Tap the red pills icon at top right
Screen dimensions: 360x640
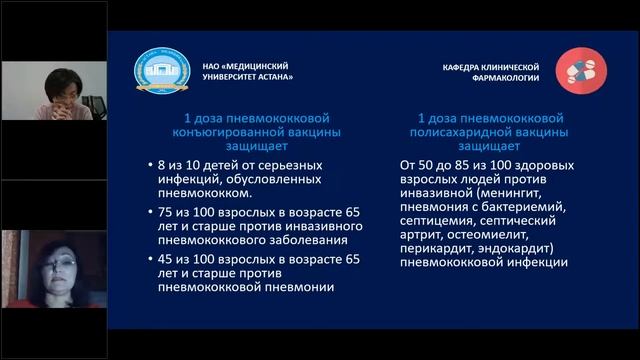click(x=579, y=68)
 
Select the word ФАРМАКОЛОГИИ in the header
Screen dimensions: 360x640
click(x=505, y=77)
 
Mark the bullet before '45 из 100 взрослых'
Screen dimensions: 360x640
click(x=137, y=259)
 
